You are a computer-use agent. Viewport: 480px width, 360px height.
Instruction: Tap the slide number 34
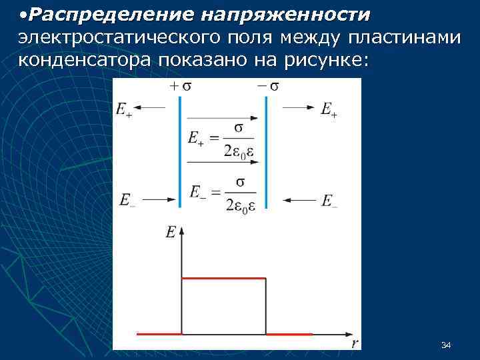click(x=446, y=345)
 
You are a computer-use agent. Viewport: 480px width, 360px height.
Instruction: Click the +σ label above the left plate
click(x=181, y=87)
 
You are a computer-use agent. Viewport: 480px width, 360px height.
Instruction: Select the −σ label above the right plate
click(x=267, y=87)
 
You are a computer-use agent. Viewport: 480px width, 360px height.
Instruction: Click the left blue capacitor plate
click(x=180, y=150)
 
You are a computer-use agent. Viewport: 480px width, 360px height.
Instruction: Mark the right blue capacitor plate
click(x=266, y=150)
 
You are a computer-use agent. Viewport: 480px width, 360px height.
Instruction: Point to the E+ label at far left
click(x=124, y=110)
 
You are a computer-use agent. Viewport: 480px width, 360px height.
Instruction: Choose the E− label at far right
click(x=329, y=200)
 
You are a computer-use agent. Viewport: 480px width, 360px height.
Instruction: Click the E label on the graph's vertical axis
click(x=171, y=232)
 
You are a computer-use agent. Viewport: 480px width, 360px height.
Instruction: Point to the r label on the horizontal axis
click(x=355, y=344)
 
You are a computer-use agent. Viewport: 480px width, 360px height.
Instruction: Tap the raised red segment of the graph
click(x=223, y=278)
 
